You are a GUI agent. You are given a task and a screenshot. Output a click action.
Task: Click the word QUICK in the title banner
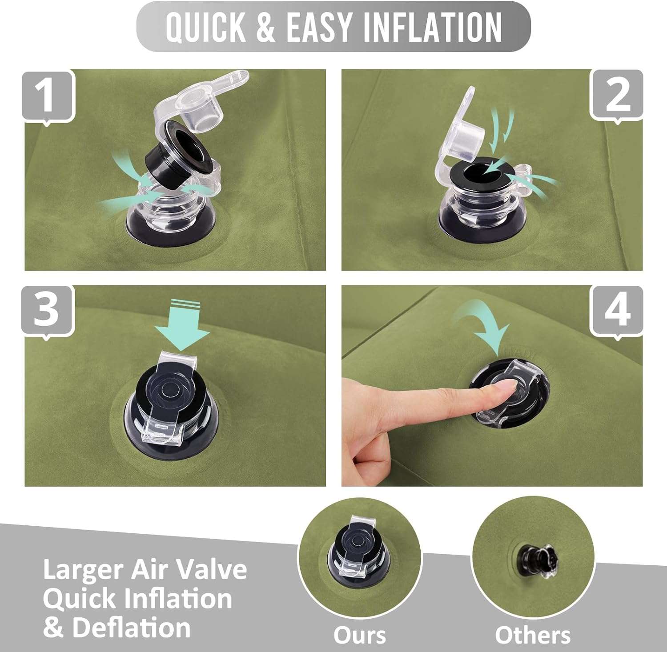[206, 27]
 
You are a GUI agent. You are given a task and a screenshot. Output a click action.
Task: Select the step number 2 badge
[617, 96]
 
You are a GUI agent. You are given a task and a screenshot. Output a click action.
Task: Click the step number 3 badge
[48, 311]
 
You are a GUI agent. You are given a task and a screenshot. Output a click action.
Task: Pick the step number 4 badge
[617, 311]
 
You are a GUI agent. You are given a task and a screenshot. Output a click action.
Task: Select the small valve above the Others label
[537, 561]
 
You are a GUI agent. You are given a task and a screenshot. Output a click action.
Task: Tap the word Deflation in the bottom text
[132, 628]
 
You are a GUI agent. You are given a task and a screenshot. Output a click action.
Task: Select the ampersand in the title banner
[266, 27]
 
